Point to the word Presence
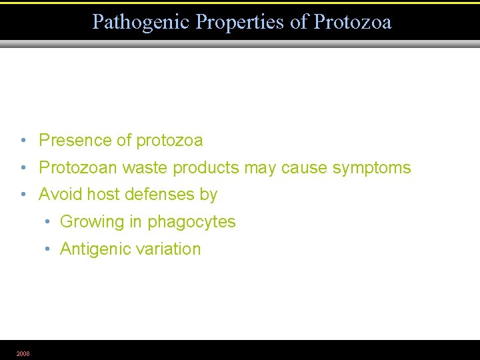point(75,141)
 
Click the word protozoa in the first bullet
point(169,141)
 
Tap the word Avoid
point(59,195)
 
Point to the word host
point(99,195)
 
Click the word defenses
point(157,195)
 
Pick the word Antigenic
point(95,249)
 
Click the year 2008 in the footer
point(23,353)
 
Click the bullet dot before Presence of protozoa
point(23,141)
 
